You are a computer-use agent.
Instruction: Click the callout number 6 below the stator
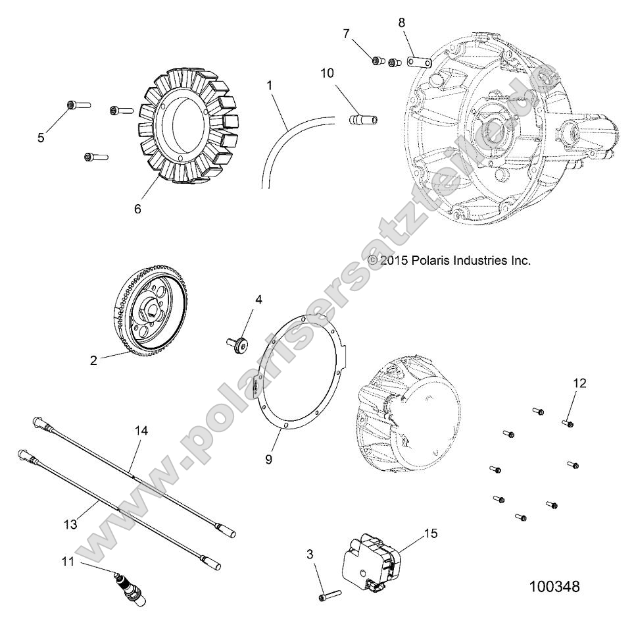(137, 208)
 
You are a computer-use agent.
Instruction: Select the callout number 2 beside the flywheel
(93, 360)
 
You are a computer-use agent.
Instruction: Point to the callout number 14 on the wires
(141, 431)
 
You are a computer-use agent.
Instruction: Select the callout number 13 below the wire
(71, 524)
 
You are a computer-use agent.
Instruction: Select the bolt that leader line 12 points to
(567, 423)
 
